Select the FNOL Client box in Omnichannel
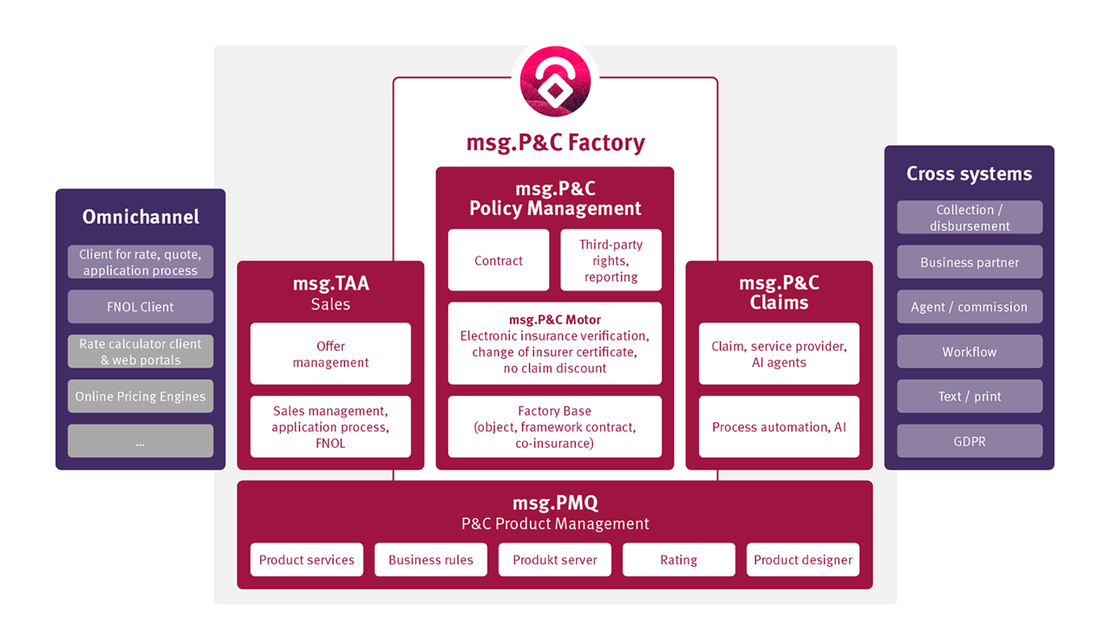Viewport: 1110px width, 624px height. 140,307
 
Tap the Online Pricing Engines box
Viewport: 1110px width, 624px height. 140,396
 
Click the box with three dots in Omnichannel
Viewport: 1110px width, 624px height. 140,441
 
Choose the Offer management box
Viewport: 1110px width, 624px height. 330,354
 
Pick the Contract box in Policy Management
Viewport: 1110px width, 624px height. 499,260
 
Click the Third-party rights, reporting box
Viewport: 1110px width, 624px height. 610,260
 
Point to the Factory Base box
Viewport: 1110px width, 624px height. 555,426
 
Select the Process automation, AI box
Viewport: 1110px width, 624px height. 779,426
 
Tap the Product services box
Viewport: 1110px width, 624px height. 306,560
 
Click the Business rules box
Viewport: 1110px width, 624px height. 431,560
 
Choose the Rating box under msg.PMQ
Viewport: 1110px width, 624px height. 678,560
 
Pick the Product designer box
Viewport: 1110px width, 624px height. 803,560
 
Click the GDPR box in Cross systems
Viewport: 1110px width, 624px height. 970,441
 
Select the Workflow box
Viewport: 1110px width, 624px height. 970,352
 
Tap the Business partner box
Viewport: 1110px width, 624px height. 970,262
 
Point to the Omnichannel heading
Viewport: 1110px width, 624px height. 140,217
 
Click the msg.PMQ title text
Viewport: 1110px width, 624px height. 555,503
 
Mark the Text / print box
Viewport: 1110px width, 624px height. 970,396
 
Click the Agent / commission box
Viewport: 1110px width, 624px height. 970,307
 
